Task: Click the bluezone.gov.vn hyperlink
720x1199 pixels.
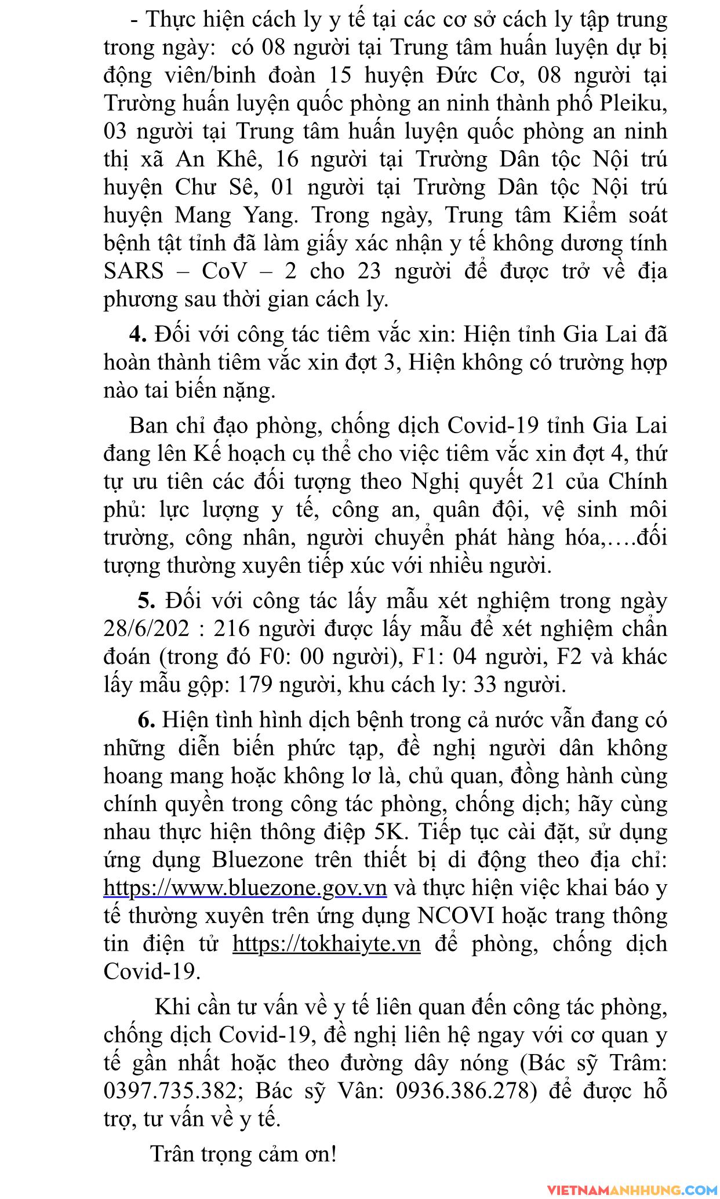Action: click(245, 888)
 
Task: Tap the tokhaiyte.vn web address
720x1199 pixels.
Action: click(326, 943)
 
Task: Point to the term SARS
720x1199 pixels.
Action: click(133, 271)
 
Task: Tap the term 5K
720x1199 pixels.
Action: click(391, 831)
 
